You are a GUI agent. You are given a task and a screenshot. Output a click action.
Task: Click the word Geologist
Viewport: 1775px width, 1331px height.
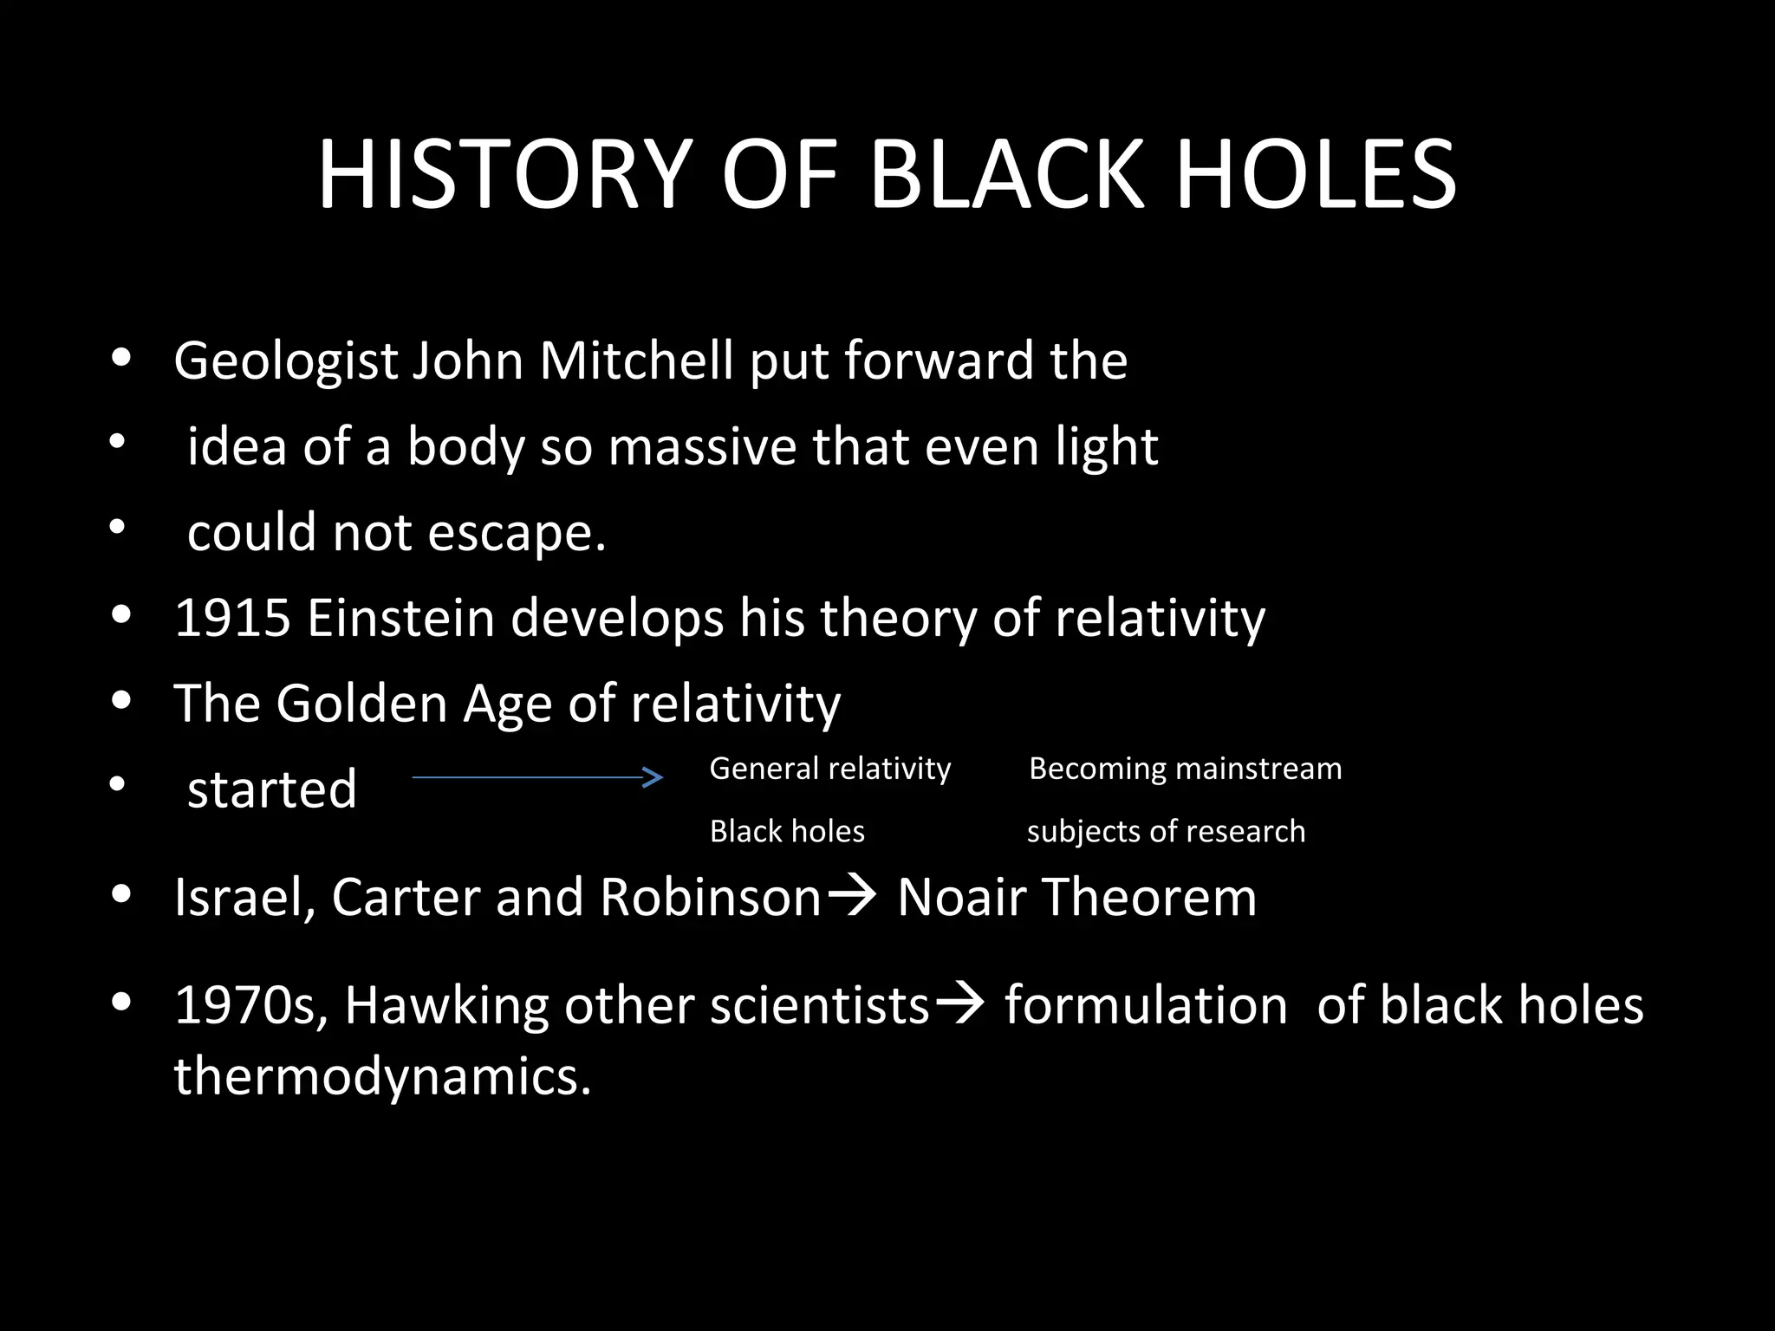click(285, 361)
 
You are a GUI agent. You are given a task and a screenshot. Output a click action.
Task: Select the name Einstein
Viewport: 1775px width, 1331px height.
click(400, 618)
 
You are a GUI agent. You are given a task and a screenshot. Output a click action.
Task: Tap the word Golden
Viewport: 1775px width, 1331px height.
click(361, 703)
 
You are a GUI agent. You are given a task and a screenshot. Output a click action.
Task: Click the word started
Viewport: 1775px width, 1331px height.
click(272, 789)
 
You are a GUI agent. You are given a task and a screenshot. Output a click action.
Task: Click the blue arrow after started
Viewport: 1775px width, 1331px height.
click(537, 777)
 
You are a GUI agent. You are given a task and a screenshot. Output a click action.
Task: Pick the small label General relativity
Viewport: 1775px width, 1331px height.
click(829, 769)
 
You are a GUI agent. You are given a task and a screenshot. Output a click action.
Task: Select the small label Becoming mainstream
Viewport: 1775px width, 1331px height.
click(1185, 769)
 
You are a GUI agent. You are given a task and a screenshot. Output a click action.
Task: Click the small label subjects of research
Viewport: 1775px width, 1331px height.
click(1166, 831)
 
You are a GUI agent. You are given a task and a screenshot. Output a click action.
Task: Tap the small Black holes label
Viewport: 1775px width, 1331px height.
click(787, 831)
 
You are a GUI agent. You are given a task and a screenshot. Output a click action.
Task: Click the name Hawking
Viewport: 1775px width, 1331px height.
click(446, 1005)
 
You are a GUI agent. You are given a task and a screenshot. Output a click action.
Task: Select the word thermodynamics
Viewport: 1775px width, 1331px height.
click(381, 1076)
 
